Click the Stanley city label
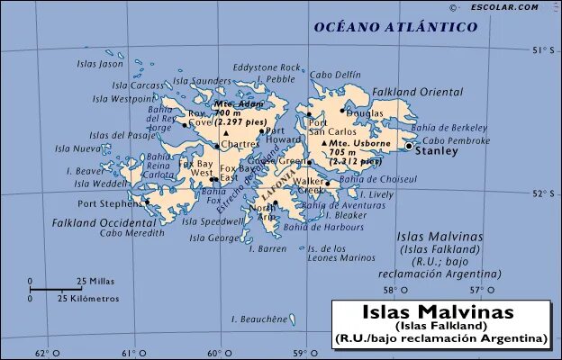click(436, 151)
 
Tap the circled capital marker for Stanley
click(409, 145)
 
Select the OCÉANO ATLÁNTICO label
click(395, 28)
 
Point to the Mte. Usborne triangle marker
click(324, 143)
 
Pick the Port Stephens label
click(110, 203)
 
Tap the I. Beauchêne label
click(259, 319)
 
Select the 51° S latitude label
click(542, 49)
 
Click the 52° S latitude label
click(542, 193)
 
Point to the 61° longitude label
click(130, 353)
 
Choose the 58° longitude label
click(391, 290)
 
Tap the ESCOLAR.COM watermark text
click(503, 7)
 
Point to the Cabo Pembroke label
click(456, 140)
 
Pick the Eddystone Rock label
click(267, 67)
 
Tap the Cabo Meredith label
click(132, 233)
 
